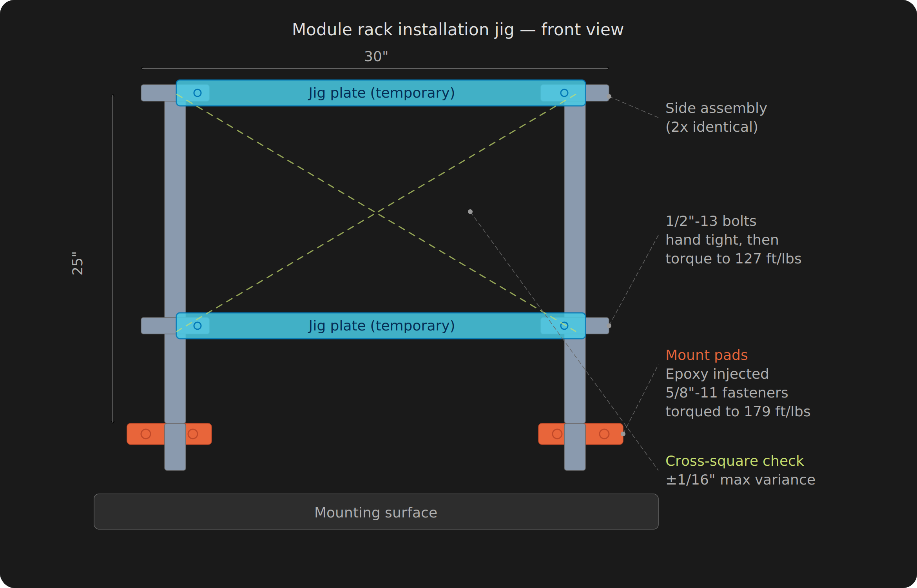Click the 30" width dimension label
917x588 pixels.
[376, 56]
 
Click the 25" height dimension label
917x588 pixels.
[78, 263]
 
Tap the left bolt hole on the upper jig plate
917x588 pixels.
[198, 93]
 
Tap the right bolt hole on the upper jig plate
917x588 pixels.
[564, 93]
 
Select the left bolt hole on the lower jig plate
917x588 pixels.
[198, 326]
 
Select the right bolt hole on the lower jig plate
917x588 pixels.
[564, 326]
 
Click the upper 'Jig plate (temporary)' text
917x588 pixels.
[381, 93]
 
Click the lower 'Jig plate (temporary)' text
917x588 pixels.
[381, 326]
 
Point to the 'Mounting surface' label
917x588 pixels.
[376, 512]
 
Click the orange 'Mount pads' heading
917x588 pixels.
[707, 355]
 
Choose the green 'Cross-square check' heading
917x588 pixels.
[734, 461]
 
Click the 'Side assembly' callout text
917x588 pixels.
[716, 108]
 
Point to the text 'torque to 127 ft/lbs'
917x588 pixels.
[733, 259]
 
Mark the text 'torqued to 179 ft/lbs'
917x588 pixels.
[738, 412]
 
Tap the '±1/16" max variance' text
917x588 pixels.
[740, 480]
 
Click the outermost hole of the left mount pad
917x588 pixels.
[146, 434]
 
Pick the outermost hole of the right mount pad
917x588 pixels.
[604, 434]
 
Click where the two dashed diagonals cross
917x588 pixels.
[376, 212]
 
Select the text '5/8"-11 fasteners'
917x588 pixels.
[727, 393]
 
